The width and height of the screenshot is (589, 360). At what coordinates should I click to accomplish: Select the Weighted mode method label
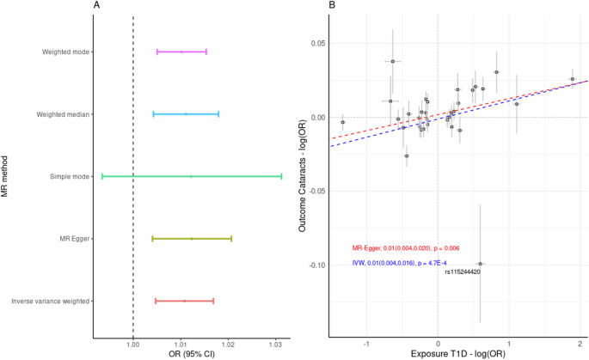point(68,52)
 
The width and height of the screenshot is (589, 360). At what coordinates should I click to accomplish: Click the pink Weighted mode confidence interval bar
point(181,52)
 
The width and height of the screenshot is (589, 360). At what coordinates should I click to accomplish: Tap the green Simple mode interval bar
point(192,176)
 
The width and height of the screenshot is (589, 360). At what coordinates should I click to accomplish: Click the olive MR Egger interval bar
point(192,238)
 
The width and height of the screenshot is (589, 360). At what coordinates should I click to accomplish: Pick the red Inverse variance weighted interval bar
point(184,301)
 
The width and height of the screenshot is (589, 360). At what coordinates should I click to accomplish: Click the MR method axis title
point(6,176)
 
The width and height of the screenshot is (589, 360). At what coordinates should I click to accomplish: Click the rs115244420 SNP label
point(462,272)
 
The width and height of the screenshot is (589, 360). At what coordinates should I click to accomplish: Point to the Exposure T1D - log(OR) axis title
point(457,354)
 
